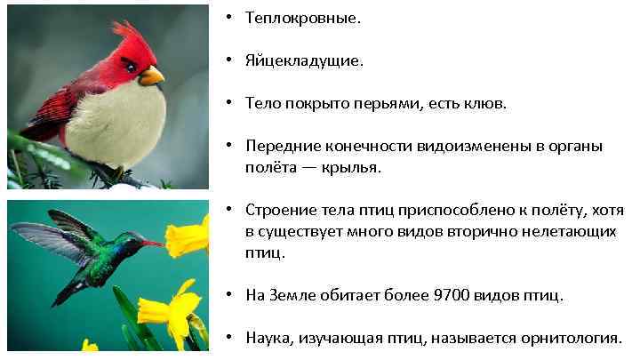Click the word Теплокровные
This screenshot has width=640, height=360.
[x=304, y=20]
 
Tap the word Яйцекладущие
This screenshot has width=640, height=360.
[x=305, y=61]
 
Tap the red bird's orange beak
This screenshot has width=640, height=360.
[x=152, y=76]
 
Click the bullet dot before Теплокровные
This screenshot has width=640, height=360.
[x=228, y=20]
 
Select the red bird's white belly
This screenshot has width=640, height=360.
[x=116, y=124]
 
